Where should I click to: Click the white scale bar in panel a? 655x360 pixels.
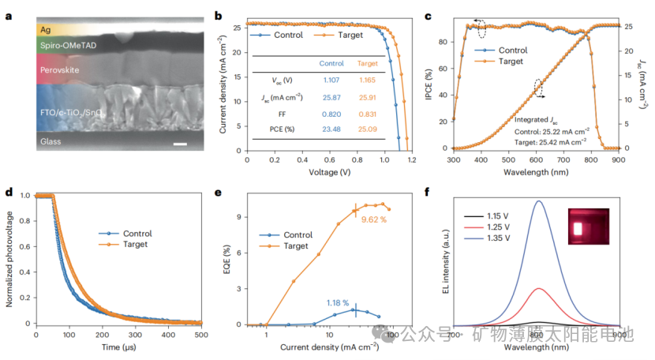tap(179, 143)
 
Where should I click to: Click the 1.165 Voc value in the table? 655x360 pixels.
tap(368, 80)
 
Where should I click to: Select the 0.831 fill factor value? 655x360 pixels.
tap(368, 114)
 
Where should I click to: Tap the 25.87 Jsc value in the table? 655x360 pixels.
tap(330, 97)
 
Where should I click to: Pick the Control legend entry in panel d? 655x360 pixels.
tap(135, 234)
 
